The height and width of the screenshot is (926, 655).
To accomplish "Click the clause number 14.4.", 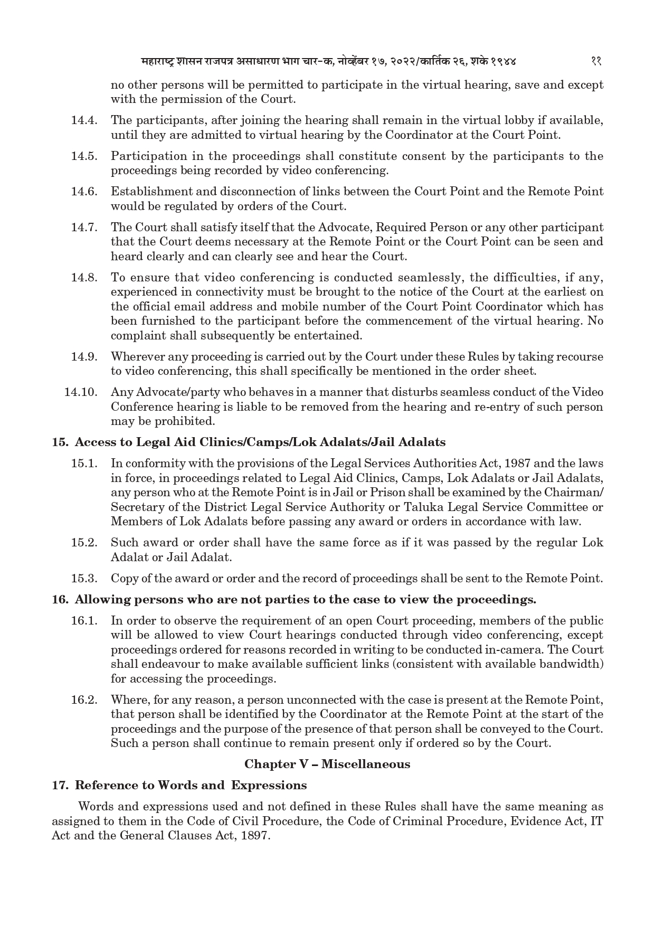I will (84, 120).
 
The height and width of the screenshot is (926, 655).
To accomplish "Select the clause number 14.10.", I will (82, 392).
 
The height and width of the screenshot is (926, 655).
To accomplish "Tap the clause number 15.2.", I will (84, 543).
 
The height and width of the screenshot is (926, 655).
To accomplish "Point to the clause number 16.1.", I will (84, 621).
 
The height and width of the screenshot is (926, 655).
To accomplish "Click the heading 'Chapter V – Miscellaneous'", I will (327, 764).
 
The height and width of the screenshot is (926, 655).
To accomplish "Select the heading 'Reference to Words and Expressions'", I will (191, 785).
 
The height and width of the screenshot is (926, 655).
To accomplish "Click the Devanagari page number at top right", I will (596, 61).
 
